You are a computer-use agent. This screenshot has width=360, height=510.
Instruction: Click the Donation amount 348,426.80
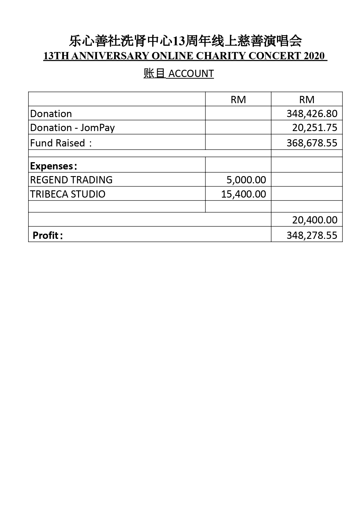pyautogui.click(x=312, y=113)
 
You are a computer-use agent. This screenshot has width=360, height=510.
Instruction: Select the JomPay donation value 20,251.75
pyautogui.click(x=315, y=128)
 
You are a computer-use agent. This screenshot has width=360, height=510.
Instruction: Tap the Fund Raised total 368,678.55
pyautogui.click(x=312, y=143)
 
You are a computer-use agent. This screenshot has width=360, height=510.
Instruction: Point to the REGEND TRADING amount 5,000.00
pyautogui.click(x=246, y=180)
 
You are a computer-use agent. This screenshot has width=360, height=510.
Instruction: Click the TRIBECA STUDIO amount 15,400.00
pyautogui.click(x=244, y=194)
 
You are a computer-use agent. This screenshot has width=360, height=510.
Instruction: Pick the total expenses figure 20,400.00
pyautogui.click(x=315, y=220)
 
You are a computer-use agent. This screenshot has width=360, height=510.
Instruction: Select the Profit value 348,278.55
pyautogui.click(x=312, y=235)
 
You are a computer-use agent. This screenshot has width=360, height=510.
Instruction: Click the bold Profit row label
pyautogui.click(x=48, y=235)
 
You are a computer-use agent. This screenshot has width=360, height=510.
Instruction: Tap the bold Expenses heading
pyautogui.click(x=53, y=166)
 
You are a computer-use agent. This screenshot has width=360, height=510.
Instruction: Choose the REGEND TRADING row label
pyautogui.click(x=71, y=180)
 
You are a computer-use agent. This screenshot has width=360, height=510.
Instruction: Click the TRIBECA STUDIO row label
pyautogui.click(x=68, y=194)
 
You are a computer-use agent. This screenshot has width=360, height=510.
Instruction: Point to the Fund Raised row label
pyautogui.click(x=61, y=143)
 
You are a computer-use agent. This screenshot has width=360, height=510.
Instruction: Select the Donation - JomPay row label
pyautogui.click(x=72, y=128)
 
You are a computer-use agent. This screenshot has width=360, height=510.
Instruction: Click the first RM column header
pyautogui.click(x=238, y=100)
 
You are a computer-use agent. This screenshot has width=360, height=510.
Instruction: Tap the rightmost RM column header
pyautogui.click(x=307, y=100)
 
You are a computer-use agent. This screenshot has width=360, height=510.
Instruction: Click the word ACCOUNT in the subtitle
pyautogui.click(x=191, y=74)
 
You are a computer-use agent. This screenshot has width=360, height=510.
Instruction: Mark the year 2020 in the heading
pyautogui.click(x=314, y=56)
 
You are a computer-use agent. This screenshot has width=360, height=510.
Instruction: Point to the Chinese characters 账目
pyautogui.click(x=154, y=74)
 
